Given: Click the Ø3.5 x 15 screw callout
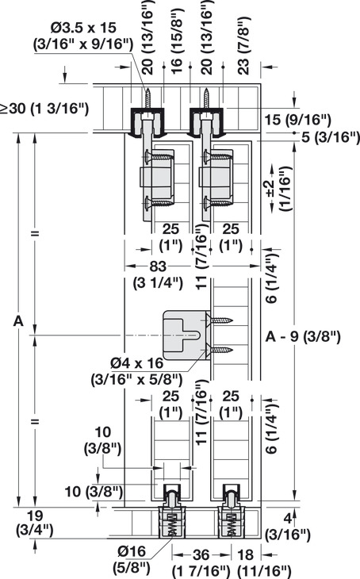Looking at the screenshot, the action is (x=83, y=27).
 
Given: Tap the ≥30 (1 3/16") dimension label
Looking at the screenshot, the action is (x=44, y=109).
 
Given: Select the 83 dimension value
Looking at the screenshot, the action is (x=158, y=266).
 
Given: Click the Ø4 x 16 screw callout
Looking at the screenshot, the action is (x=137, y=363).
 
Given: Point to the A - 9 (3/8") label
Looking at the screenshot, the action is (x=303, y=337).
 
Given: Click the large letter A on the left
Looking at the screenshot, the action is (x=18, y=321).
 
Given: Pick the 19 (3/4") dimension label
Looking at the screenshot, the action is (x=35, y=523).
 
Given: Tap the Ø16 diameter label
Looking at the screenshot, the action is (x=132, y=552).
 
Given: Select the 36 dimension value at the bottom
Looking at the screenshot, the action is (x=201, y=554).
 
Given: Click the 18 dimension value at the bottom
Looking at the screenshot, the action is (x=246, y=554).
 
